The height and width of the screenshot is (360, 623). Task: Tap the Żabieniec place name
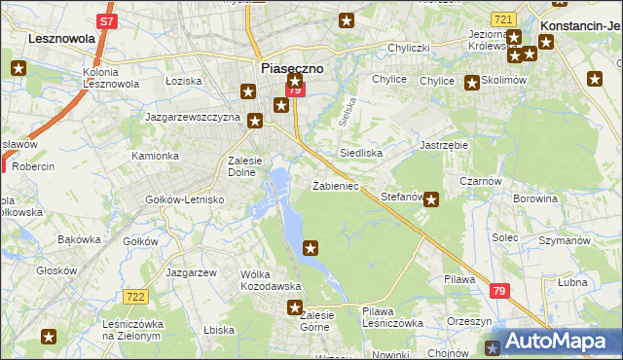tap(337, 185)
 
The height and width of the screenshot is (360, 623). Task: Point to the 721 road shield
tap(503, 19)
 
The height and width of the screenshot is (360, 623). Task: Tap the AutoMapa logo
tap(554, 342)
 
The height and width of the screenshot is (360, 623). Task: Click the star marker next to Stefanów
tap(431, 201)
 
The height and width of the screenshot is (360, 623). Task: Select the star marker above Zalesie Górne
tap(295, 308)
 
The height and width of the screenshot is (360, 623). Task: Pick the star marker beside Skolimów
tap(472, 83)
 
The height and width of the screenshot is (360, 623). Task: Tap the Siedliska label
tap(360, 153)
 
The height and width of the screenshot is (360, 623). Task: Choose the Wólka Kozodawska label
tap(271, 280)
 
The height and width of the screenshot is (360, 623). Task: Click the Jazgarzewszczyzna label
tap(193, 117)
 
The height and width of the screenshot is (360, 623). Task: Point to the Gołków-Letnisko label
tap(185, 199)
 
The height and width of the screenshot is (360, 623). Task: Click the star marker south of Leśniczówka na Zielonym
tap(49, 337)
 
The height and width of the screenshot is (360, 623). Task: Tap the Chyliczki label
tap(409, 48)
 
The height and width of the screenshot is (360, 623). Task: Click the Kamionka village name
tap(156, 156)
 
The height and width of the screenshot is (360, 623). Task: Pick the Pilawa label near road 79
tap(459, 279)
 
